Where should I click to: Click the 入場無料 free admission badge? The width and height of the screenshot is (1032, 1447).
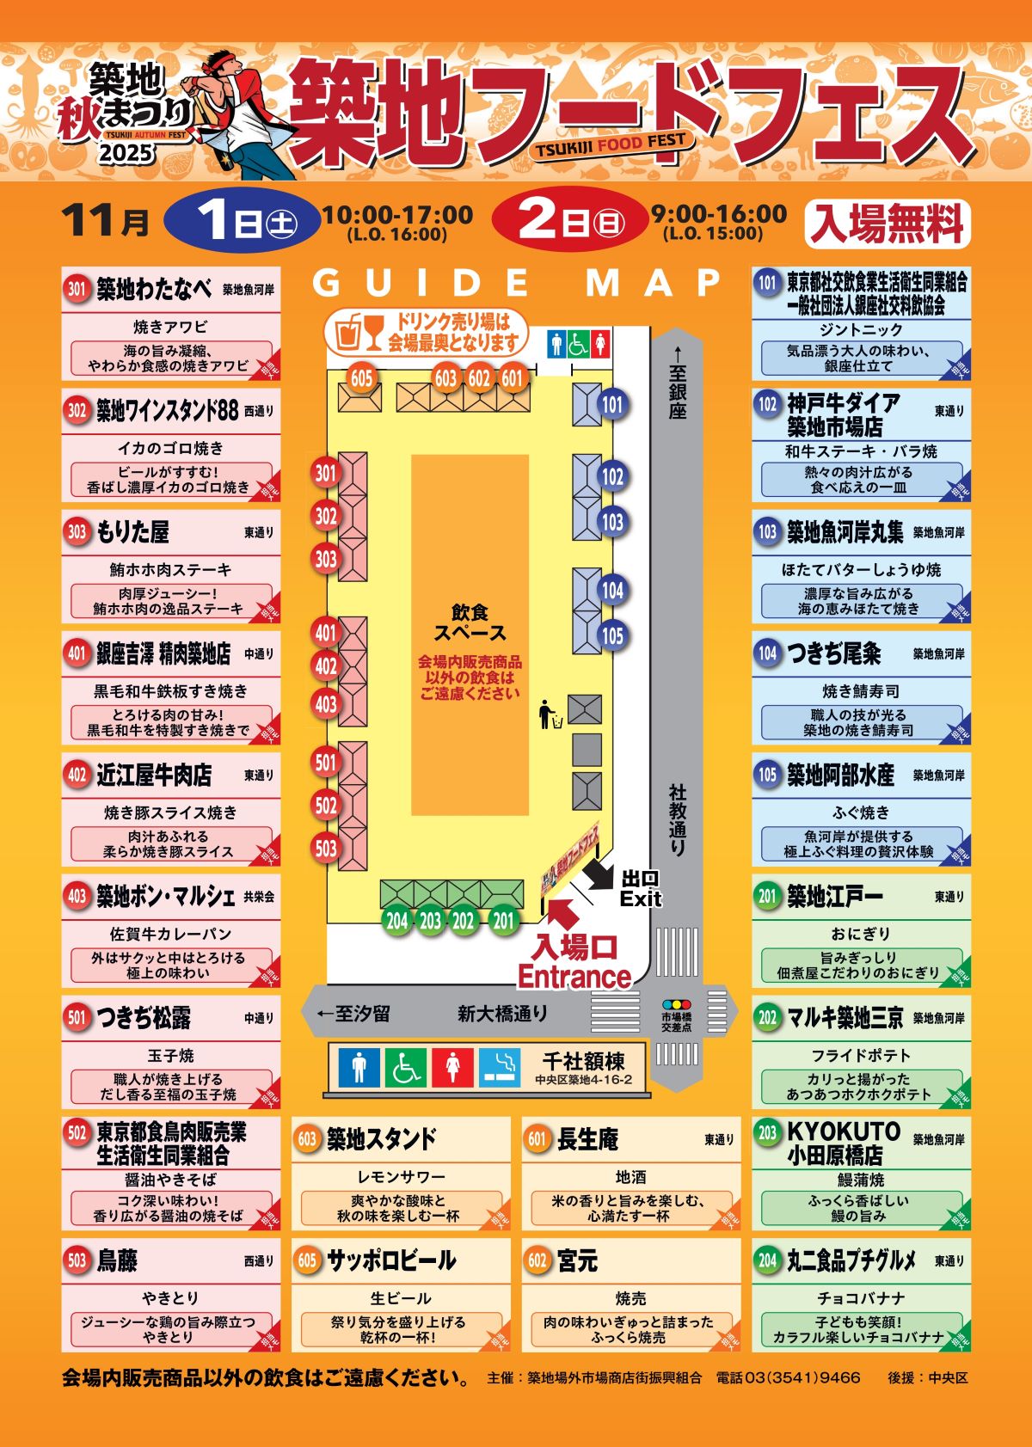887,224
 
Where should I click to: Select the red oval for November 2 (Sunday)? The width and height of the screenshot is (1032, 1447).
568,220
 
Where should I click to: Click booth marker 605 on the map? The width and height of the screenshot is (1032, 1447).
361,377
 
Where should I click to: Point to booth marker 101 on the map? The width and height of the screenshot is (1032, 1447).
611,404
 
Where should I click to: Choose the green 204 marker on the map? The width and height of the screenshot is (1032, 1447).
396,921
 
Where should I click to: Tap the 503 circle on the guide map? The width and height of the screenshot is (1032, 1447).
325,848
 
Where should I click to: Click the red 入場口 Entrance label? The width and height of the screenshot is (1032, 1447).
574,962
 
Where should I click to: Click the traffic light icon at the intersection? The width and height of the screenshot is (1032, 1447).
677,1003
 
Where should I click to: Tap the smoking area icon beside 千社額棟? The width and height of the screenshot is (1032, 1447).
500,1067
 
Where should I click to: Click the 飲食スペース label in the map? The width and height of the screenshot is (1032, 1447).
470,622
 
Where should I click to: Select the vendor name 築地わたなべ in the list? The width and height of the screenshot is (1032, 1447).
154,289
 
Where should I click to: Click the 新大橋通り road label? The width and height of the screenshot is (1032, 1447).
502,1014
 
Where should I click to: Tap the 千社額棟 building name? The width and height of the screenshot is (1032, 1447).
584,1060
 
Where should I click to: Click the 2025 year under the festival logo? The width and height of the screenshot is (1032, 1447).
126,154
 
